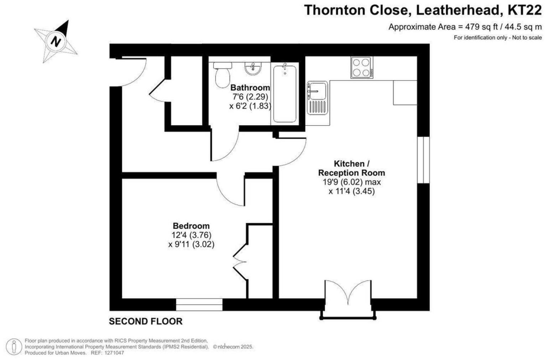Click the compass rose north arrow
(56, 41)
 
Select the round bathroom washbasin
(253, 68)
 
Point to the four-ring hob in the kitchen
(361, 68)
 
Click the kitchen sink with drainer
(317, 98)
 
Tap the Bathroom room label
(250, 88)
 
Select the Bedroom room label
(191, 226)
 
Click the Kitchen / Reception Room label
(351, 168)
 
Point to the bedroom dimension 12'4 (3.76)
(191, 235)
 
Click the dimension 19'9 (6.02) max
(351, 182)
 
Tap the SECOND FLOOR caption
(145, 322)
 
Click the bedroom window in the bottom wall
(199, 305)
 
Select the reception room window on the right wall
(423, 160)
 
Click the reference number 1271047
(113, 353)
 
